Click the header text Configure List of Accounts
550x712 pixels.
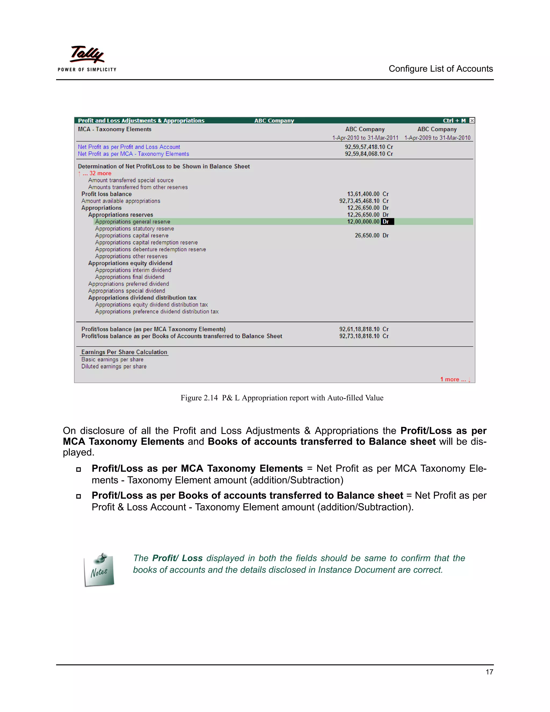[440, 69]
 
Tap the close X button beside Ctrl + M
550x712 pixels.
[472, 121]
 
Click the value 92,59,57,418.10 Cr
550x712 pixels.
[369, 147]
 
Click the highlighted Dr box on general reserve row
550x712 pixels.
[387, 222]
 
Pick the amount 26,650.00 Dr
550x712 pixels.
[371, 235]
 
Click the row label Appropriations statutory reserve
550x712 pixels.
[134, 229]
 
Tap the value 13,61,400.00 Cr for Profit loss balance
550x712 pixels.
[368, 194]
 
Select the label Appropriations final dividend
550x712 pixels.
[129, 277]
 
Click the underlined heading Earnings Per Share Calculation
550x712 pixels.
[124, 352]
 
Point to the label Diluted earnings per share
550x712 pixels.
[114, 366]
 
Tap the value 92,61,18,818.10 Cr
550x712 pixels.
[364, 329]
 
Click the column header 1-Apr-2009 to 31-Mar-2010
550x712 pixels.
[437, 138]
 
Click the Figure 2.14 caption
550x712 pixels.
[282, 398]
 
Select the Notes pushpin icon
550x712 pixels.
[99, 570]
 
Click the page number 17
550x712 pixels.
[489, 672]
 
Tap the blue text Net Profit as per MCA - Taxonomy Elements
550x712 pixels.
[133, 154]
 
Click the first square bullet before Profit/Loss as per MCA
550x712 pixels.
[78, 469]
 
